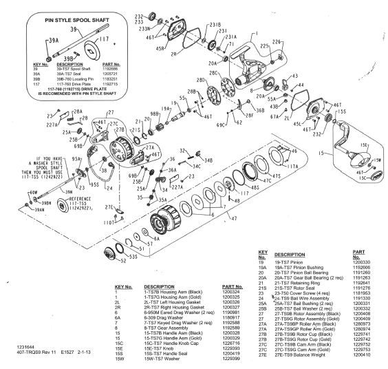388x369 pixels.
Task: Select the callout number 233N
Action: click(144, 30)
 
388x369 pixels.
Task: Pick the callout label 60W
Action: click(32, 193)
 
